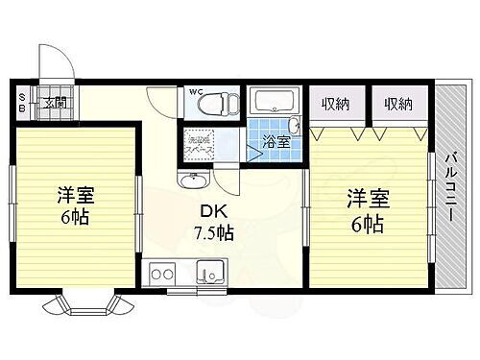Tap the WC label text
(196, 92)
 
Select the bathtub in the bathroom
(275, 103)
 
